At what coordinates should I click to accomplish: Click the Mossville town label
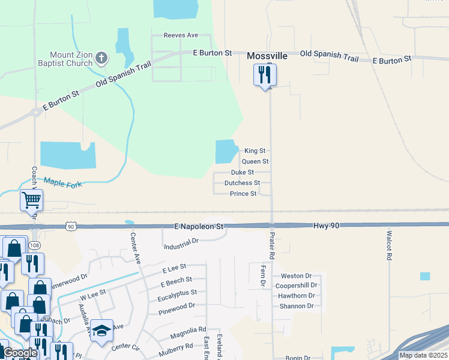click(x=267, y=56)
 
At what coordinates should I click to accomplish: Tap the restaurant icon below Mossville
click(x=264, y=76)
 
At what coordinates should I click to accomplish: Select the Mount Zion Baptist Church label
click(x=71, y=58)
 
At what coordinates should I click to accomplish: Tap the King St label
click(x=255, y=151)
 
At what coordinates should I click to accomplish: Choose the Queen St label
click(x=255, y=161)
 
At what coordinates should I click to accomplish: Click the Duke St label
click(x=243, y=172)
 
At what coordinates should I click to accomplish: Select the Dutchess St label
click(x=242, y=183)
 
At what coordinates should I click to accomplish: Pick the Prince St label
click(x=243, y=194)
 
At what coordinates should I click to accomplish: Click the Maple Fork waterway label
click(x=62, y=182)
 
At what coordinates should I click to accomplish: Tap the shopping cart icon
click(x=31, y=200)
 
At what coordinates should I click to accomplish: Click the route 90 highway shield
click(x=71, y=226)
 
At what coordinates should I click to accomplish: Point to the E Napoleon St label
click(x=199, y=227)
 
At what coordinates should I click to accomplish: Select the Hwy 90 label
click(x=325, y=225)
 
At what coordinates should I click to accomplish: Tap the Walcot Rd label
click(x=389, y=245)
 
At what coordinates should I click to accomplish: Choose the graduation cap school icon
click(x=102, y=330)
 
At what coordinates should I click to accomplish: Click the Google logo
click(x=19, y=353)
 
